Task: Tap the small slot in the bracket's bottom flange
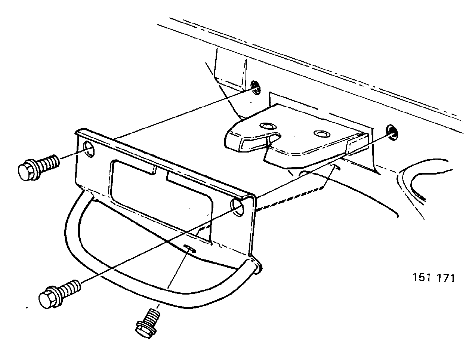click(189, 248)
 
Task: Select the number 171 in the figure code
click(446, 278)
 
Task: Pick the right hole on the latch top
click(322, 134)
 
